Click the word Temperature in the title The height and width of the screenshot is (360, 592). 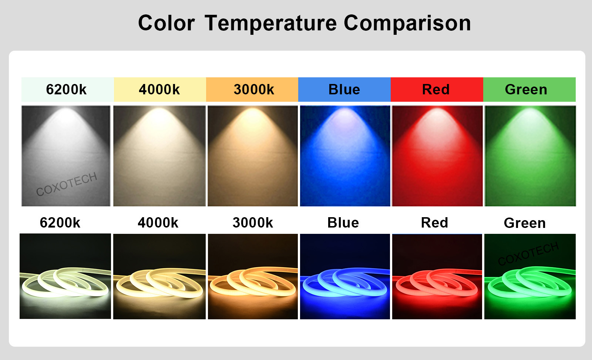click(270, 24)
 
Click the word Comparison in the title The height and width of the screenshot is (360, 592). click(407, 24)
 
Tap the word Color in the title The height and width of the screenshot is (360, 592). click(166, 23)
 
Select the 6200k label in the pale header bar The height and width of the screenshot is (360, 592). click(66, 89)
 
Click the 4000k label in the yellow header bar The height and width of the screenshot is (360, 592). click(159, 89)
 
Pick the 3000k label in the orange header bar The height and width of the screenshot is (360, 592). click(254, 89)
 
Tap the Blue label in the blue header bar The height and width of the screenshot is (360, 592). click(344, 89)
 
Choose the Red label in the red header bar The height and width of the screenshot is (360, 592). click(435, 89)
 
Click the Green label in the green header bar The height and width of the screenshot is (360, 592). click(526, 89)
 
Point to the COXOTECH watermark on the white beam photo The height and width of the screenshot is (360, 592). click(67, 184)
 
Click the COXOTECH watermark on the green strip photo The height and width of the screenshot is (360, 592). click(528, 254)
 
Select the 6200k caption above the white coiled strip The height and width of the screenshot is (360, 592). click(60, 223)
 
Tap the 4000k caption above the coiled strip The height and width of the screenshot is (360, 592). click(158, 223)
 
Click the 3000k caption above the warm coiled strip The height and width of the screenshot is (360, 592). click(253, 223)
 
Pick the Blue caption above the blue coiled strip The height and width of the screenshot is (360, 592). click(343, 223)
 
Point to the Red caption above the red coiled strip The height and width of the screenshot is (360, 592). click(434, 223)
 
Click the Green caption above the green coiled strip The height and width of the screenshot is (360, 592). click(525, 223)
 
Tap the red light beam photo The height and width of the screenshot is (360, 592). click(437, 156)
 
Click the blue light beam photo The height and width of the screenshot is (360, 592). click(345, 156)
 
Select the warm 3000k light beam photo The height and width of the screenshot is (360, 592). click(253, 156)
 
